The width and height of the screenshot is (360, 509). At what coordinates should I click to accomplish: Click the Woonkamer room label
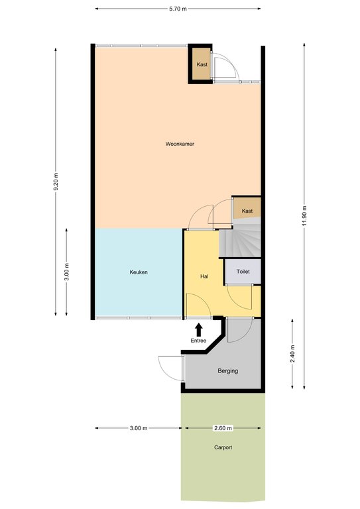180,144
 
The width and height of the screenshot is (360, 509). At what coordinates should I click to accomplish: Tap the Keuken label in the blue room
139,272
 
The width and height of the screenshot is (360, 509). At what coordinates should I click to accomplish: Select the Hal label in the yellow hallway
204,276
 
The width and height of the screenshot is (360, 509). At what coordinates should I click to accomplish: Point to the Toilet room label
243,271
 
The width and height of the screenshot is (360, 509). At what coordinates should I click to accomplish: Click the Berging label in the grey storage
228,370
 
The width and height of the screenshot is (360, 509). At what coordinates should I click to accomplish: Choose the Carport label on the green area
223,447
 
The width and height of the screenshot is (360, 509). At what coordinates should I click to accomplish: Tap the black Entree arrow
199,329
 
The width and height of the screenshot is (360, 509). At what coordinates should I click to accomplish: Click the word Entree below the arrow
198,341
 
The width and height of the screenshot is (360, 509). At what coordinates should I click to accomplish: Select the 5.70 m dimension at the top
178,9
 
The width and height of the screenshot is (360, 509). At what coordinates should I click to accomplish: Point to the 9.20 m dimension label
56,182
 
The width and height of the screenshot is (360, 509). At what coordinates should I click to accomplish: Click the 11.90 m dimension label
304,216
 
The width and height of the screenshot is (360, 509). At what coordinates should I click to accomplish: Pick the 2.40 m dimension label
292,354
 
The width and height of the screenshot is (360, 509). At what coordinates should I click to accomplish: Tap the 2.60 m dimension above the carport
223,428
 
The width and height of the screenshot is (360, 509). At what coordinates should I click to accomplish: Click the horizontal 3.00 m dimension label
139,428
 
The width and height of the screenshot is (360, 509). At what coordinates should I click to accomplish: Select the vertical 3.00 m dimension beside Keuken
66,272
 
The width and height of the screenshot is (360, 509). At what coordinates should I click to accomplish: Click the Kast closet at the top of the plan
202,64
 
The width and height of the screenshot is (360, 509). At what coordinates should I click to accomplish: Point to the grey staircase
240,239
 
